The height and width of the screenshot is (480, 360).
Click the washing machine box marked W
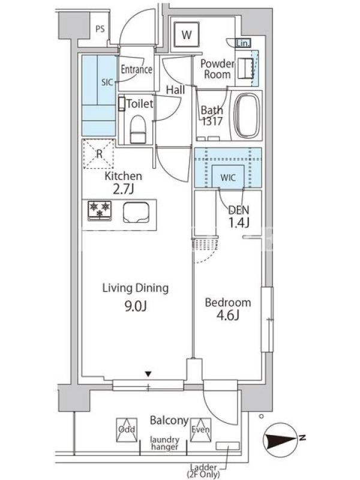(x=187, y=35)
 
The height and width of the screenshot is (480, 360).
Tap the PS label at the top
(x=100, y=29)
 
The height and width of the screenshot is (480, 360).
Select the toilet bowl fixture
(x=137, y=129)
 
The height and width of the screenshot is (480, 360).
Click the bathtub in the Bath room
(x=246, y=115)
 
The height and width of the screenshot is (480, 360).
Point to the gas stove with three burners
(x=100, y=211)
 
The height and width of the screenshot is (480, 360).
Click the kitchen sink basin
(x=136, y=212)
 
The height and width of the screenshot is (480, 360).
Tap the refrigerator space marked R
(x=99, y=154)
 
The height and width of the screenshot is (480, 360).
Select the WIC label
(x=228, y=177)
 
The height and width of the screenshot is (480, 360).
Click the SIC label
(x=107, y=82)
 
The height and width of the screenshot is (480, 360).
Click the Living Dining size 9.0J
(x=136, y=306)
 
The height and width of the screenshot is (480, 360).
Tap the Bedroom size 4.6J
(x=228, y=316)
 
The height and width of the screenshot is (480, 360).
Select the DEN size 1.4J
(x=239, y=222)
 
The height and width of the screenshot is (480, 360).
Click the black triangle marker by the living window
(x=148, y=374)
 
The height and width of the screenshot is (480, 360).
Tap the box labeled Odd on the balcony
(x=127, y=430)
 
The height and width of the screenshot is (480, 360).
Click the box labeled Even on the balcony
(x=200, y=430)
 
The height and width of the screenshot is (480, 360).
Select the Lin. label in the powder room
(x=243, y=43)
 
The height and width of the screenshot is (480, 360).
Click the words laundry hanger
(x=164, y=443)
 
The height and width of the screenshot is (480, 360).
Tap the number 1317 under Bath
(x=212, y=122)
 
